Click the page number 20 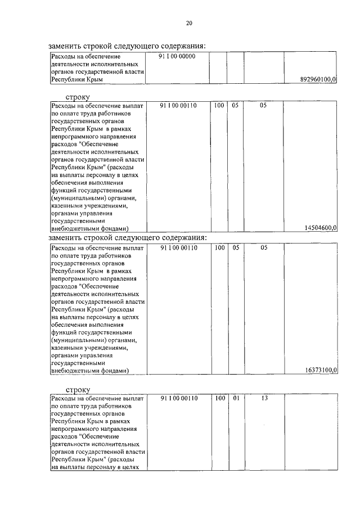coord(189,23)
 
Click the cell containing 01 coord(236,398)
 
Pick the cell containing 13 coord(263,398)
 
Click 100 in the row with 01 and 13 coord(219,398)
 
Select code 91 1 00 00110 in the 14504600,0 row coord(178,105)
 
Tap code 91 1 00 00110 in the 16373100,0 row coord(178,247)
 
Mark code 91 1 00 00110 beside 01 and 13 coord(178,398)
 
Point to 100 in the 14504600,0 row coord(219,105)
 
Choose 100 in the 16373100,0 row coord(219,247)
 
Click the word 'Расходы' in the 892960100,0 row coord(62,57)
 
